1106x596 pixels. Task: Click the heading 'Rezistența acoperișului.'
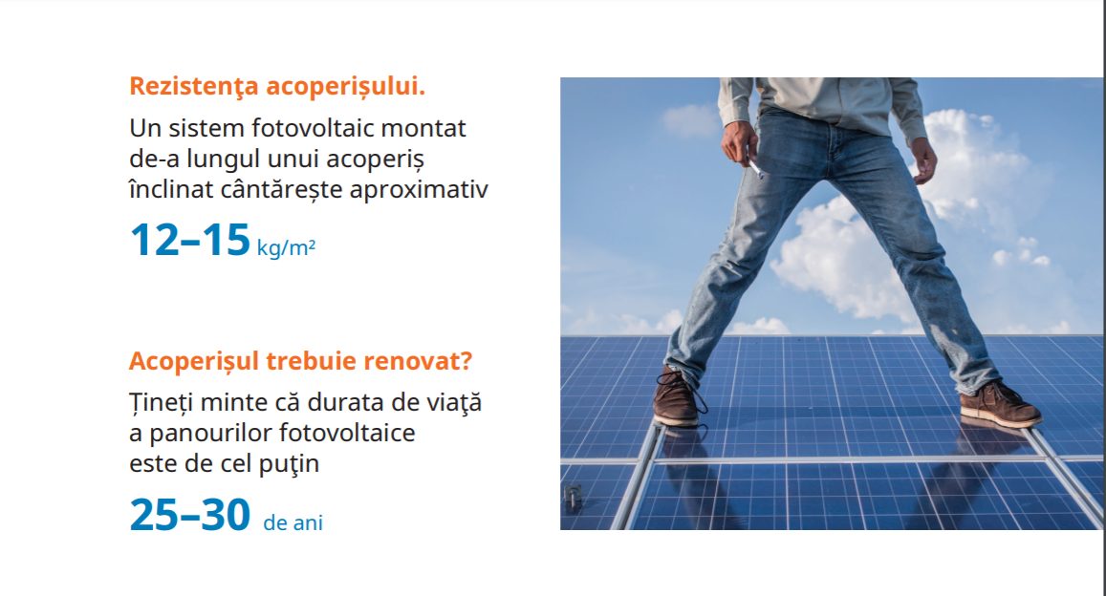[277, 87]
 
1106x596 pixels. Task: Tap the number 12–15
[189, 240]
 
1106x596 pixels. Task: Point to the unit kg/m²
[286, 248]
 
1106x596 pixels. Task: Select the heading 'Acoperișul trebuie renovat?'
[300, 361]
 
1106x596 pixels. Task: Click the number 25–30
[189, 514]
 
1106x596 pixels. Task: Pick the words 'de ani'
[293, 522]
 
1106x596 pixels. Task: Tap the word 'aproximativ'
[419, 190]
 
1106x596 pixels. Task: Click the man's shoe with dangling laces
[678, 397]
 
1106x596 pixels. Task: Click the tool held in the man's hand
[755, 169]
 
